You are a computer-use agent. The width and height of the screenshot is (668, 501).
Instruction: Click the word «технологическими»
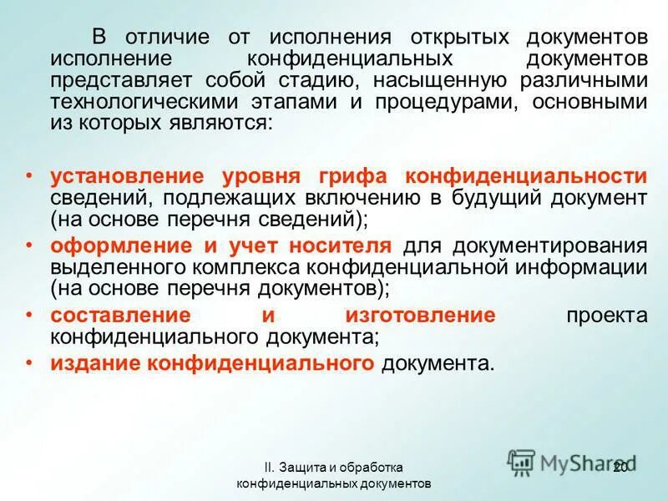click(x=141, y=102)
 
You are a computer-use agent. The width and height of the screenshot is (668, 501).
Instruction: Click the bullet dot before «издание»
click(x=30, y=362)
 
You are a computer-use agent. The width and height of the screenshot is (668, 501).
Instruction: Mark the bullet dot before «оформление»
click(x=30, y=245)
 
